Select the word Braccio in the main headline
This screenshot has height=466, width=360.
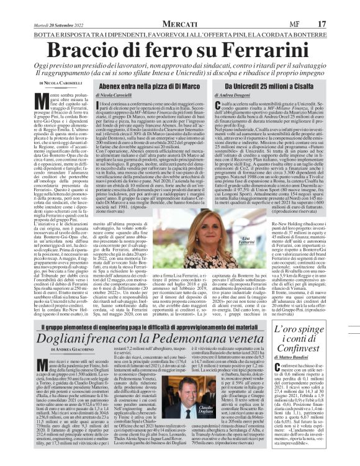coord(87,48)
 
